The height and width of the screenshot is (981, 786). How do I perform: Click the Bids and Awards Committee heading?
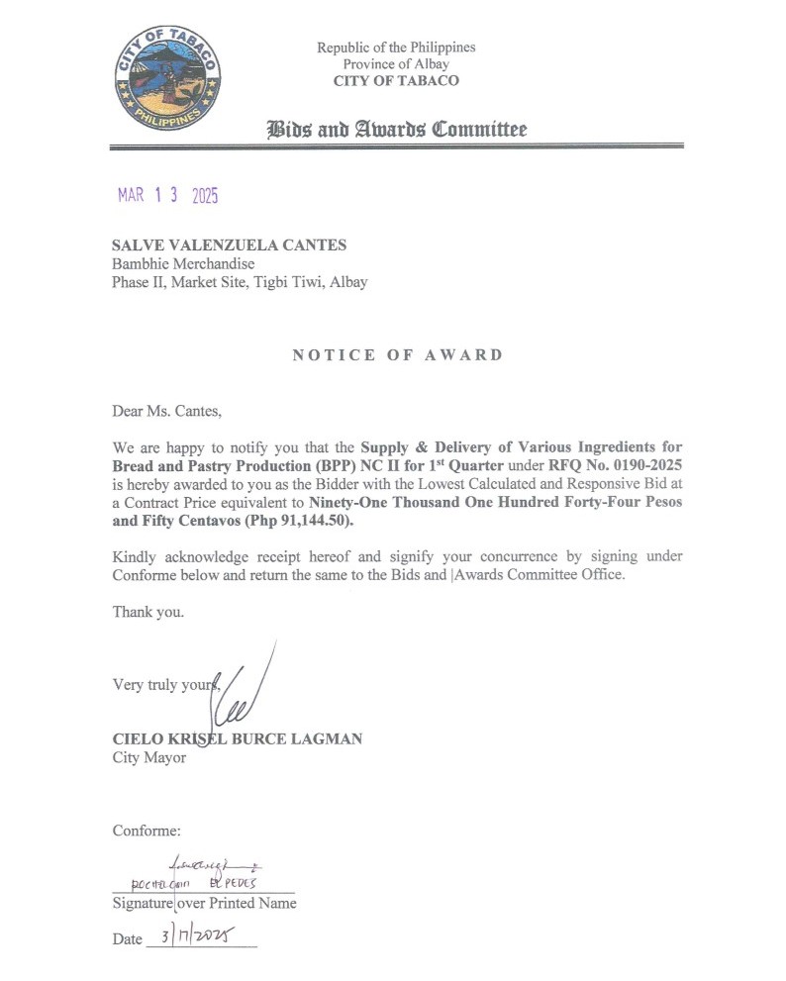tap(396, 130)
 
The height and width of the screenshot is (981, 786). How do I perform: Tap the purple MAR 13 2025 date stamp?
tap(167, 195)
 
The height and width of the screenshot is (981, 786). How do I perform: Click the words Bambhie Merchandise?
tap(183, 263)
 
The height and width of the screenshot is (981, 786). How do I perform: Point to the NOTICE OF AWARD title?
tap(397, 355)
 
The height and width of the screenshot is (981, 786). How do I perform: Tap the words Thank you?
tap(147, 612)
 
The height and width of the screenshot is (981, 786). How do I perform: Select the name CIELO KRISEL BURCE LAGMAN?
tap(237, 738)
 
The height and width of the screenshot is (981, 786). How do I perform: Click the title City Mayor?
tap(148, 758)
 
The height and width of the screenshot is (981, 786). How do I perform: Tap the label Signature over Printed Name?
tap(204, 903)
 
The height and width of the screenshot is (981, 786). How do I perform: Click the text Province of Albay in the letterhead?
tap(396, 64)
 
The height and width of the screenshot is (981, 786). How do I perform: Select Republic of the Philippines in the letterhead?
tap(396, 48)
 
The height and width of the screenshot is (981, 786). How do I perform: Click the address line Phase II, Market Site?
tap(240, 282)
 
